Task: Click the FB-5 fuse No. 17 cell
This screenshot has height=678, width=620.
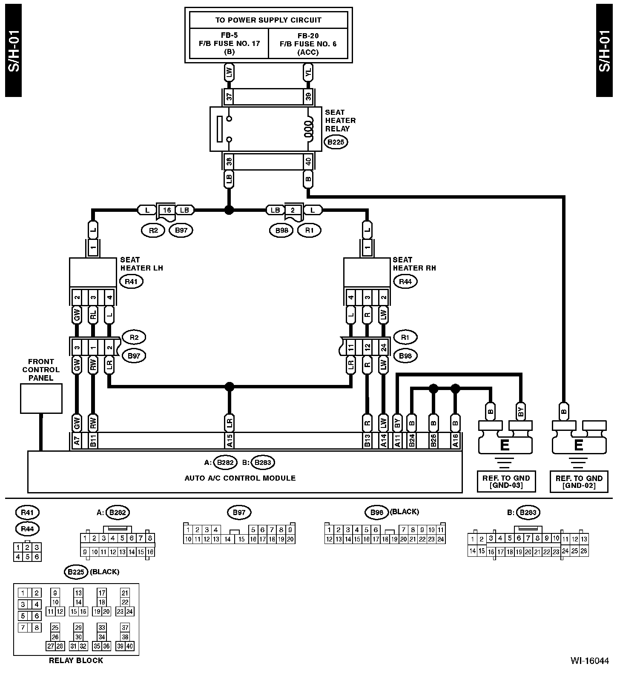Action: coord(229,43)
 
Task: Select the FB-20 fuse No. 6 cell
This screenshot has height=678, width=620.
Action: coord(308,43)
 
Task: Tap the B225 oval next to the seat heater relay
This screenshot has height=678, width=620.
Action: coord(336,142)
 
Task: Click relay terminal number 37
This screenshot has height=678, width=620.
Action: coord(230,97)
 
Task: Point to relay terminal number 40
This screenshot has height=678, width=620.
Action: coord(308,161)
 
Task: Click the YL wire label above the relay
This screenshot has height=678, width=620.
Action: coord(308,73)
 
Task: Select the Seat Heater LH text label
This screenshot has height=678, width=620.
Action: coord(141,264)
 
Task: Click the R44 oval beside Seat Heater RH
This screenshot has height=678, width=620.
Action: coord(405,281)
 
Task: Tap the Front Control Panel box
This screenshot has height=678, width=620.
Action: coord(41,398)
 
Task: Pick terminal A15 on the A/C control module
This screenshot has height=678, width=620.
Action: coord(230,441)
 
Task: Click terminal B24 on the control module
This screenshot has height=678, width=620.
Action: coord(412,441)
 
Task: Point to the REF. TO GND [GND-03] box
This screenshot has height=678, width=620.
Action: coord(505,481)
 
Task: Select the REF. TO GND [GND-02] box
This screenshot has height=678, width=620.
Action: coord(579,481)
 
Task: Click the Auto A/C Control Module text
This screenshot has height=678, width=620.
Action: coord(240,478)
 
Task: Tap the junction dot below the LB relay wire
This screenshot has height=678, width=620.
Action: coord(230,210)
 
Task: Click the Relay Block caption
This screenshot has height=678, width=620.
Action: coord(76,661)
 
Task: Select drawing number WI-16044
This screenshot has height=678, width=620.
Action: coord(590,661)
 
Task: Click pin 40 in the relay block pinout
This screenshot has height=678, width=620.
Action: coord(130,646)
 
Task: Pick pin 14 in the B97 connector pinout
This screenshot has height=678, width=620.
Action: coord(228,539)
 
